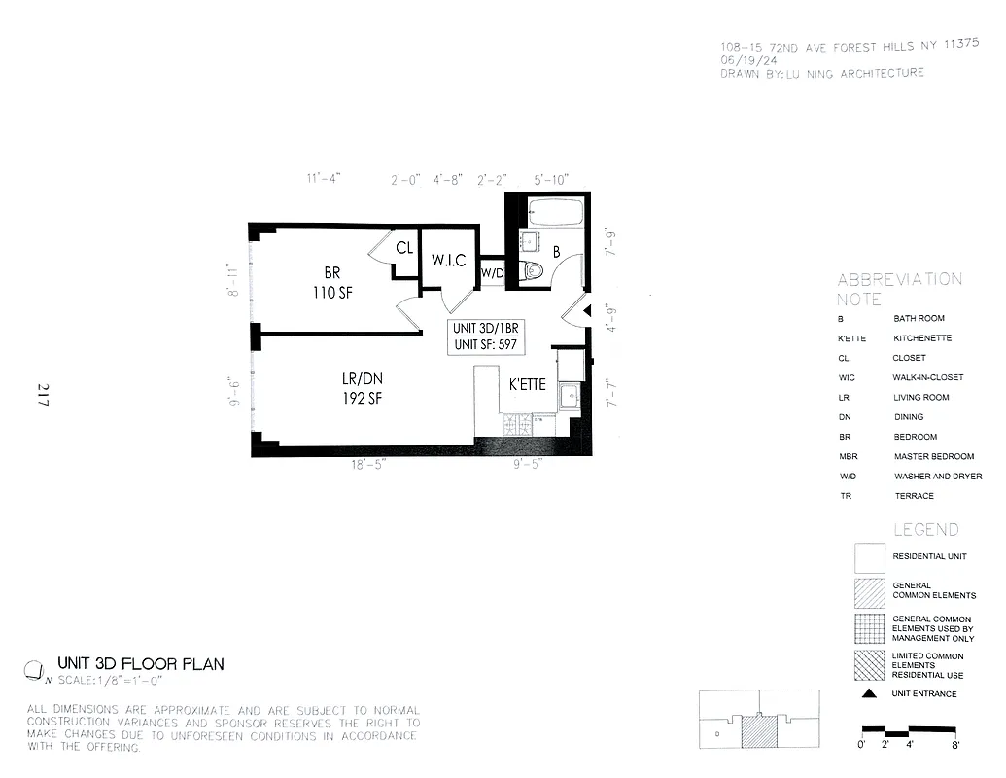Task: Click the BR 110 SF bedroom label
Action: tap(331, 283)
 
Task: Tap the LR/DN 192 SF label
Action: tap(361, 388)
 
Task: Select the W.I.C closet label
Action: tap(448, 261)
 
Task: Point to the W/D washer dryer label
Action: tap(493, 273)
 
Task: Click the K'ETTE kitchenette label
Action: tap(528, 385)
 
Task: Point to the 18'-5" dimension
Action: tap(371, 466)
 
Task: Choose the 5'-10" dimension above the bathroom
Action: tap(553, 180)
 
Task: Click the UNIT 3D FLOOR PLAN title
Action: tap(141, 664)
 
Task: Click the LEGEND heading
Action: tap(926, 530)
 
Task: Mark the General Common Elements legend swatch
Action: tap(870, 590)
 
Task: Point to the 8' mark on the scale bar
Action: tap(956, 746)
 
